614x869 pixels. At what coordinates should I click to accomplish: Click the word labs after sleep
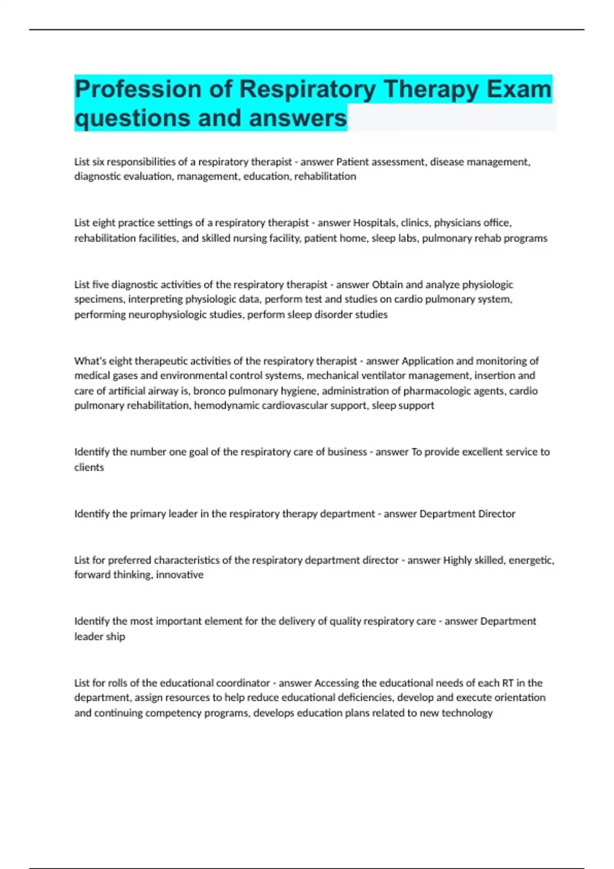point(407,238)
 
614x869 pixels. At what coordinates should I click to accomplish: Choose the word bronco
point(209,391)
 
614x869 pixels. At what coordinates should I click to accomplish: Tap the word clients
point(89,468)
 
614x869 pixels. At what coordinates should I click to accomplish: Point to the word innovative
point(180,575)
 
